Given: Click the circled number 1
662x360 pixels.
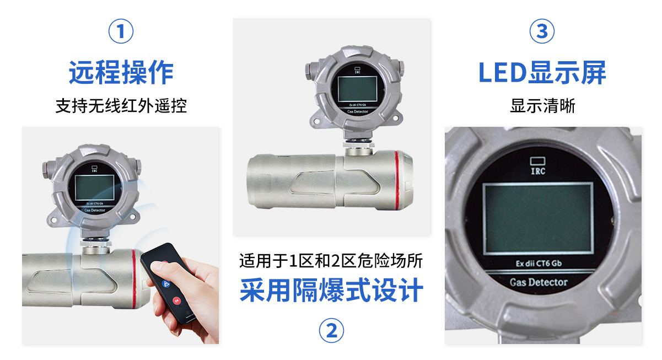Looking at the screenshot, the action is (x=121, y=31).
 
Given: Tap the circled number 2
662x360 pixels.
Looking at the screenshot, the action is (x=331, y=330).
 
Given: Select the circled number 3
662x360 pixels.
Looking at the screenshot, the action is (x=542, y=31).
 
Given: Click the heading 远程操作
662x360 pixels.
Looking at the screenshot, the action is (x=121, y=72).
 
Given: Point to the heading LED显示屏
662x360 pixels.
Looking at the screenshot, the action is (x=542, y=72).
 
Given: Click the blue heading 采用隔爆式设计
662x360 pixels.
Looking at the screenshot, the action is (x=331, y=290).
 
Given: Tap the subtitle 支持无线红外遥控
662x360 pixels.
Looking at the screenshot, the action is (x=121, y=106).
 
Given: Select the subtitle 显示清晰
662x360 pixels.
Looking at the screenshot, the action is (x=542, y=106).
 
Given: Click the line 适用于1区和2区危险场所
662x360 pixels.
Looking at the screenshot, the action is (x=331, y=261).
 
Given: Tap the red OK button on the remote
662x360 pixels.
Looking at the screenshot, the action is (x=176, y=301).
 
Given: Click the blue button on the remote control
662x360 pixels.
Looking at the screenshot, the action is (x=165, y=284).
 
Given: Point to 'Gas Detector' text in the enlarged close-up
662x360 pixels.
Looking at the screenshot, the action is (x=539, y=282).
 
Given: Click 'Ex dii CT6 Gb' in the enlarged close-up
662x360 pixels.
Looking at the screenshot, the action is (x=539, y=264).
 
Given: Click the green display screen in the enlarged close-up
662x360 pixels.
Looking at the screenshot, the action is (x=538, y=218).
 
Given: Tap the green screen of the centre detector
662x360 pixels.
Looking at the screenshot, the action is (x=357, y=89).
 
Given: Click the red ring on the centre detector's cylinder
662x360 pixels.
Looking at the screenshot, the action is (x=397, y=180).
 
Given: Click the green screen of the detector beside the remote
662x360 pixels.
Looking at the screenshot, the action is (x=95, y=187).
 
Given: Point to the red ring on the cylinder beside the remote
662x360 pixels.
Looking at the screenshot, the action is (x=134, y=279).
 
